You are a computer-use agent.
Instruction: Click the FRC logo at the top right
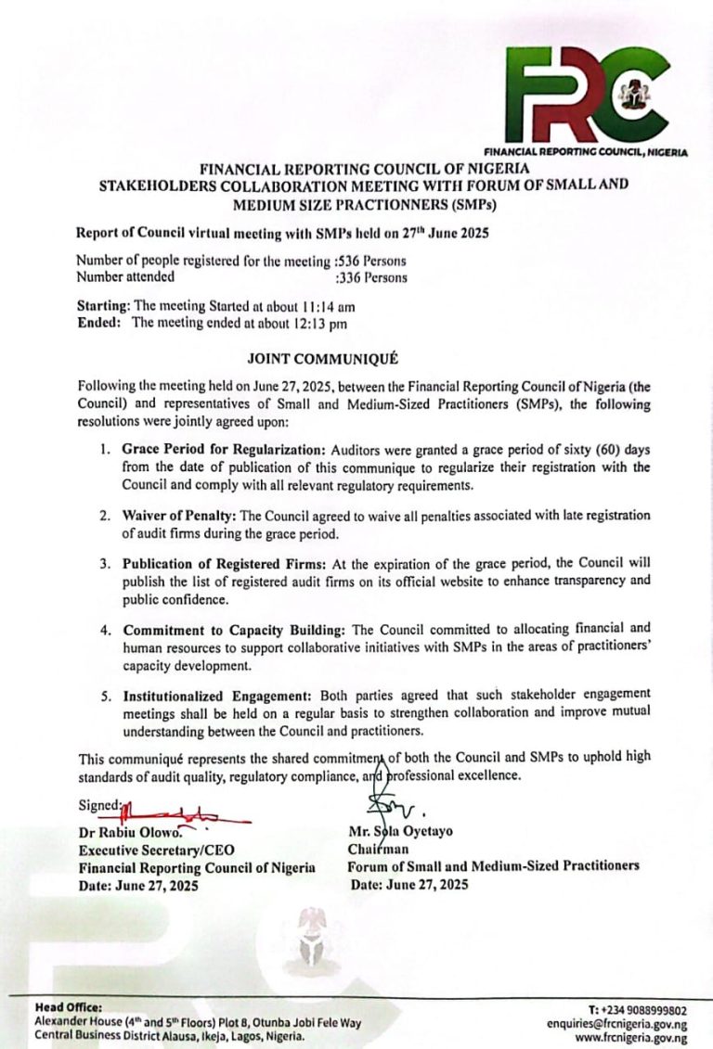(588, 93)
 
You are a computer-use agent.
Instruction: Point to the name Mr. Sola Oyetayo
(400, 832)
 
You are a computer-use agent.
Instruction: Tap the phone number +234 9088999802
(638, 1009)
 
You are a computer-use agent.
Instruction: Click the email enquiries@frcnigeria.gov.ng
(616, 1024)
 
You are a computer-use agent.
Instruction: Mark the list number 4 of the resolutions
(105, 629)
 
